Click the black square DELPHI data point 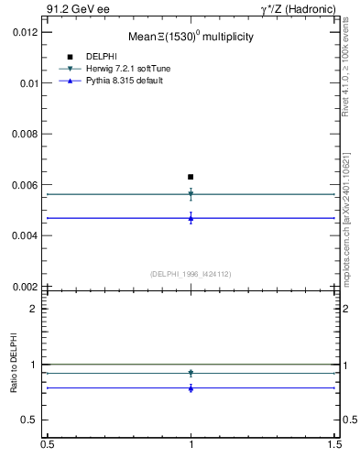191,177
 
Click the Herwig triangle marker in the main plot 191,194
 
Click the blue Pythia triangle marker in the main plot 191,218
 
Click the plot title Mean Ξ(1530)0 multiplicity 191,38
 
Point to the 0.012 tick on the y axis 25,31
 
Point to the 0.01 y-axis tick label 28,82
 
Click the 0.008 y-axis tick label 25,134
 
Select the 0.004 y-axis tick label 25,235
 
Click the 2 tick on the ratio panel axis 35,309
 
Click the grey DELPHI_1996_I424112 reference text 190,273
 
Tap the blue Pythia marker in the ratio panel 191,388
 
